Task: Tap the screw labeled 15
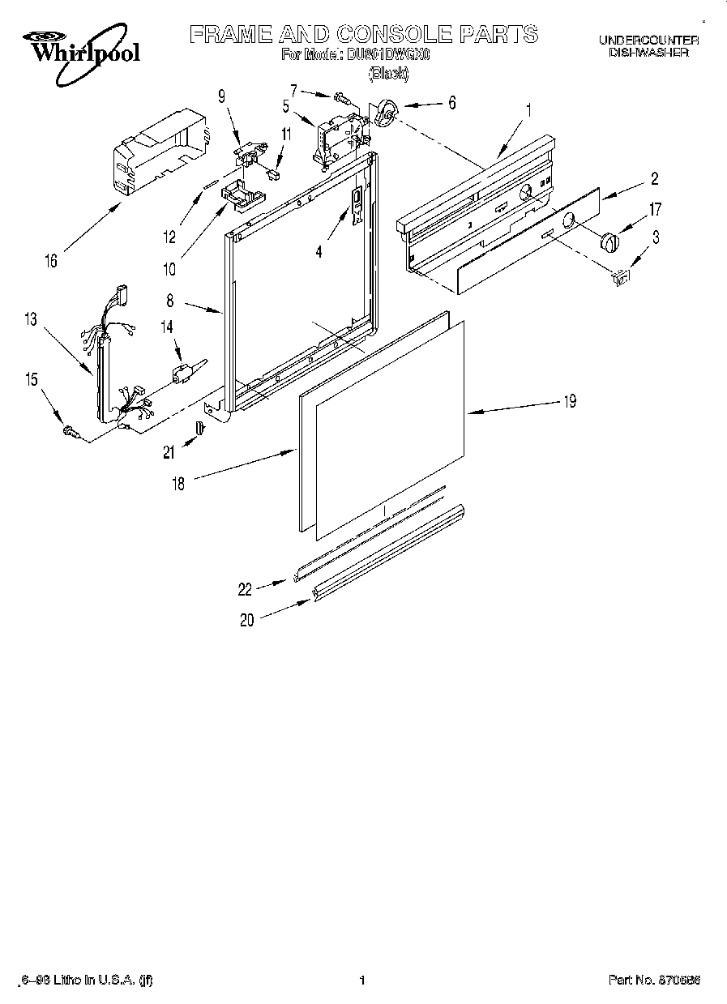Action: point(71,434)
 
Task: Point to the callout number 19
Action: point(570,401)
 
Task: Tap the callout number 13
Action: point(30,319)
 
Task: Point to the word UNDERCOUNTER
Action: point(648,40)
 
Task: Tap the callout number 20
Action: point(247,620)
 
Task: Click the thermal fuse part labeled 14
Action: point(182,374)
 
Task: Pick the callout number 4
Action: point(319,252)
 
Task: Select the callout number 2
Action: point(654,179)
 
